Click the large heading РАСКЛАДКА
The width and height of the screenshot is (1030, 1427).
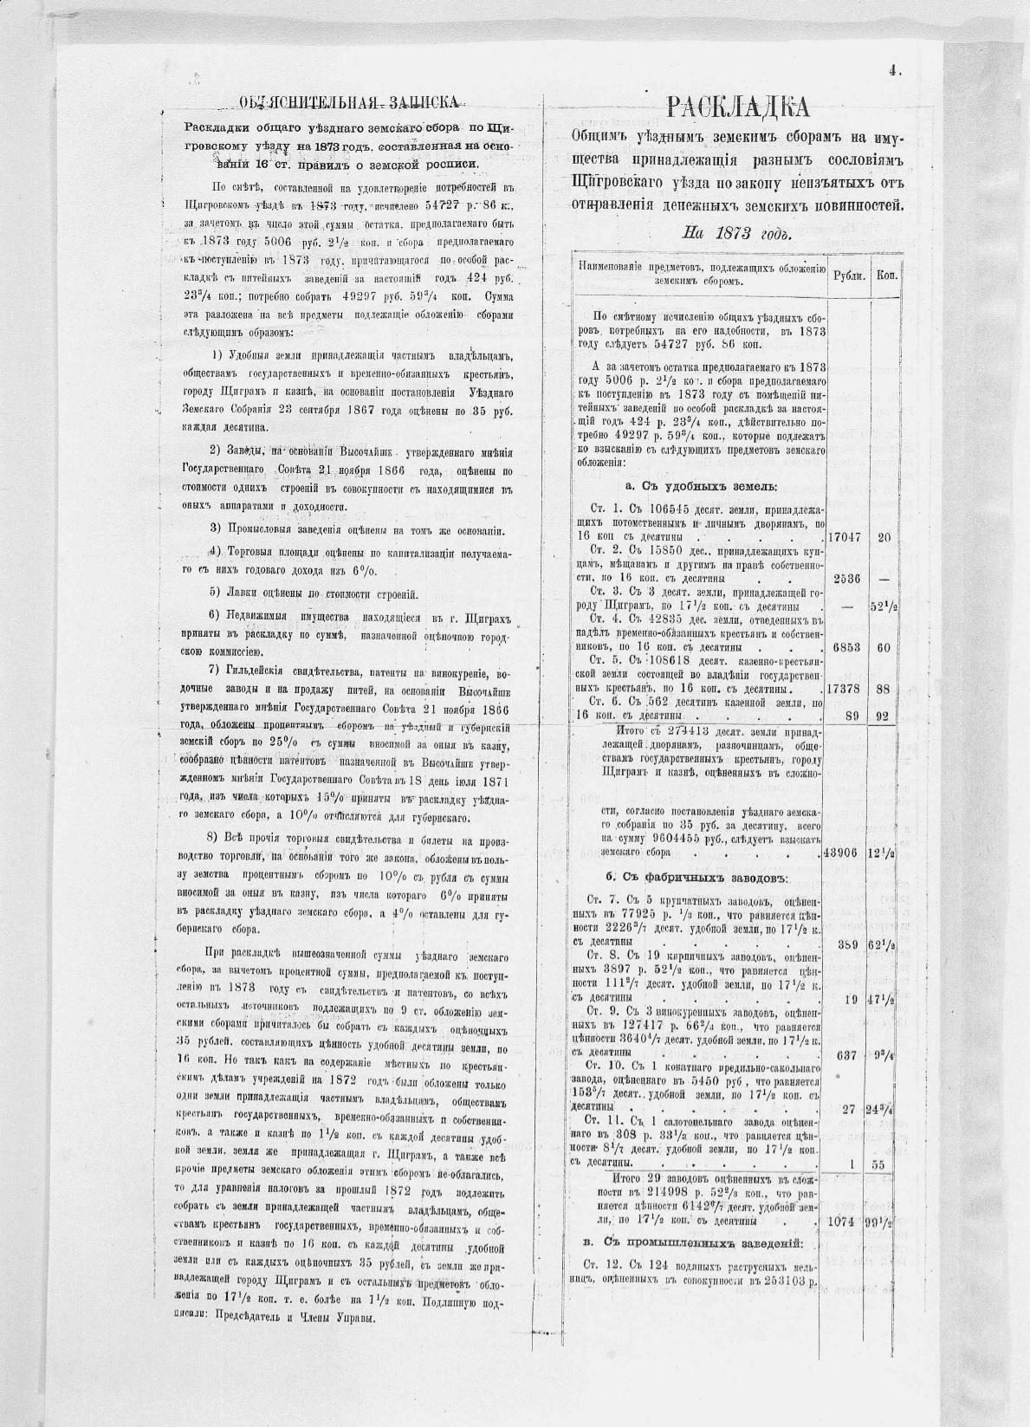pos(739,107)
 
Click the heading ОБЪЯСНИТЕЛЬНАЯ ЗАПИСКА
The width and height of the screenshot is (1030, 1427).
pos(349,103)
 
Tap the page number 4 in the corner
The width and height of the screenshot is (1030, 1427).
pos(892,73)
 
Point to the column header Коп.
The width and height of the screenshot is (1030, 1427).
pos(885,275)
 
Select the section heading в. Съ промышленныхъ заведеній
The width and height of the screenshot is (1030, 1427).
pos(693,1244)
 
